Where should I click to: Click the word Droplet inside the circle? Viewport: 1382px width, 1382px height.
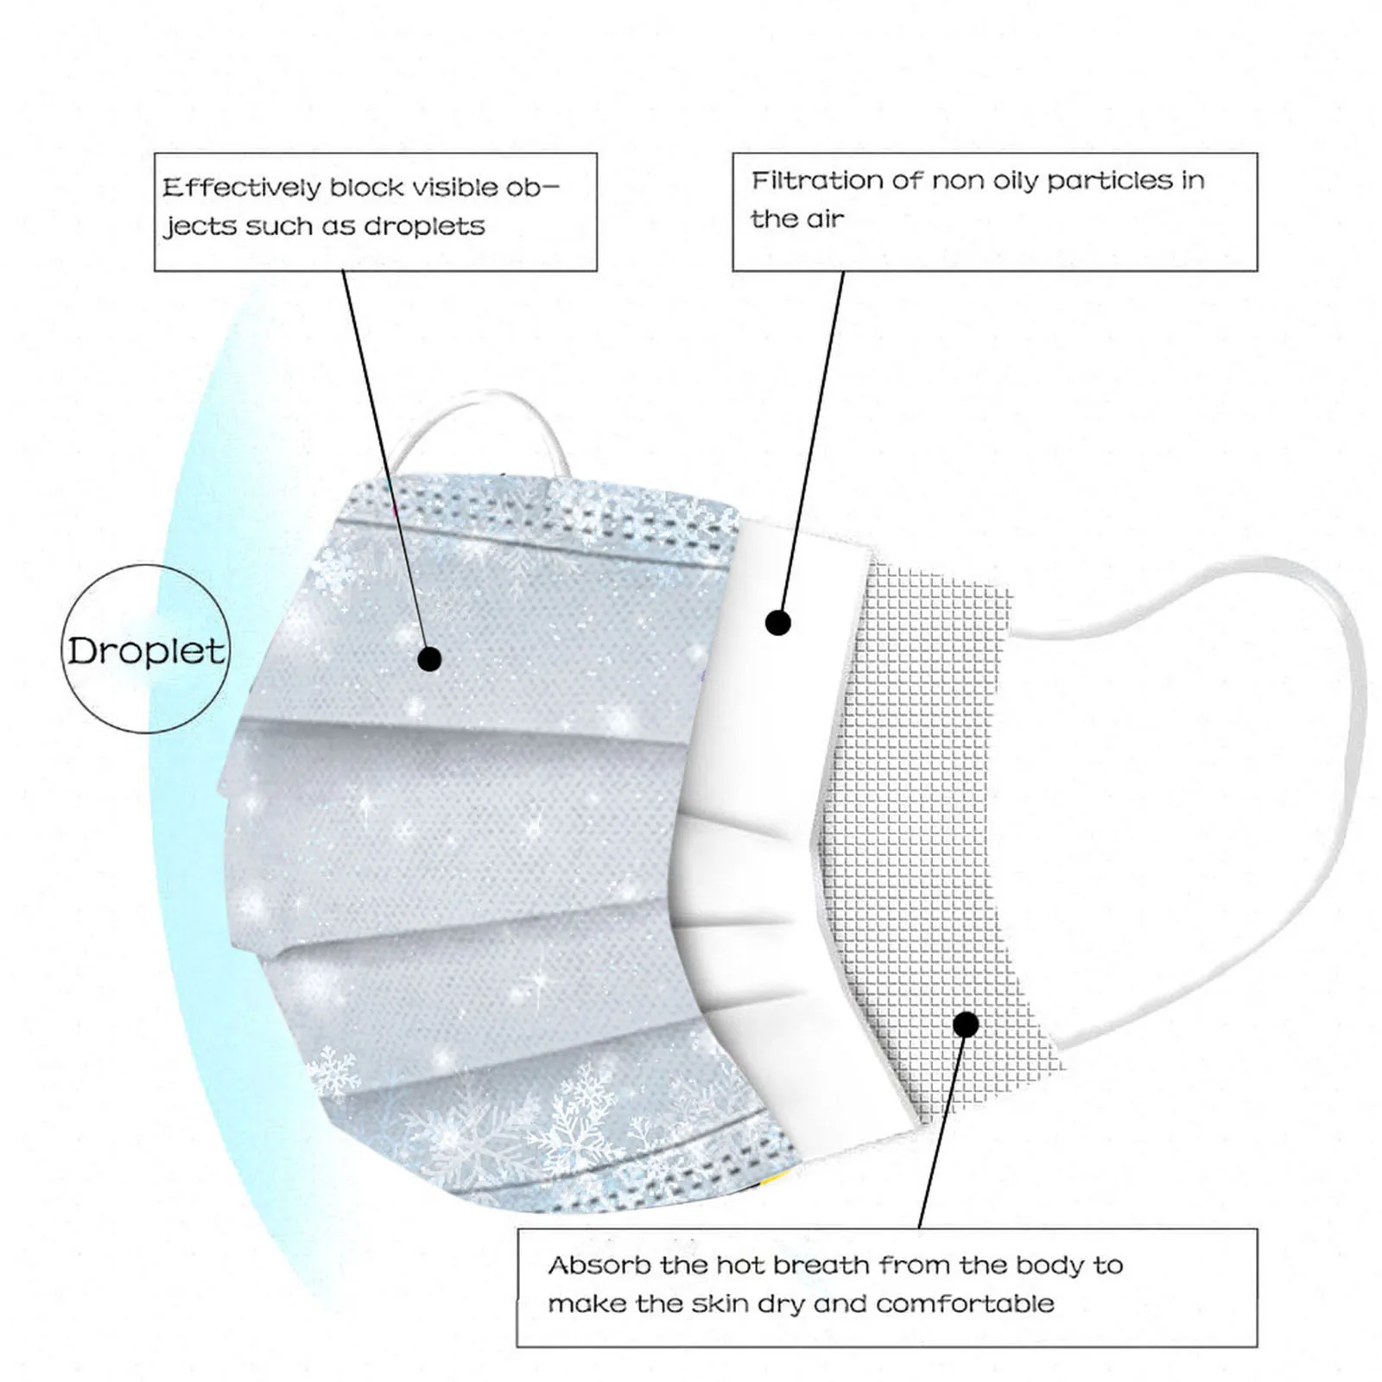click(146, 651)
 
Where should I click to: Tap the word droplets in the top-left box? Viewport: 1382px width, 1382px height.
click(423, 226)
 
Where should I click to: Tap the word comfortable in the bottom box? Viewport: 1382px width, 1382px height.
click(965, 1303)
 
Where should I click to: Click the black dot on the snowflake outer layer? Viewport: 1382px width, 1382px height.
click(429, 659)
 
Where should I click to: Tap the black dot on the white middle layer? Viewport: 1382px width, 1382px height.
click(778, 623)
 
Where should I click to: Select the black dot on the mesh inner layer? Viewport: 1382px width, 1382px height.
click(967, 1025)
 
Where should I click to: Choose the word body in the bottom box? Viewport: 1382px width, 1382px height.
click(1049, 1265)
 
